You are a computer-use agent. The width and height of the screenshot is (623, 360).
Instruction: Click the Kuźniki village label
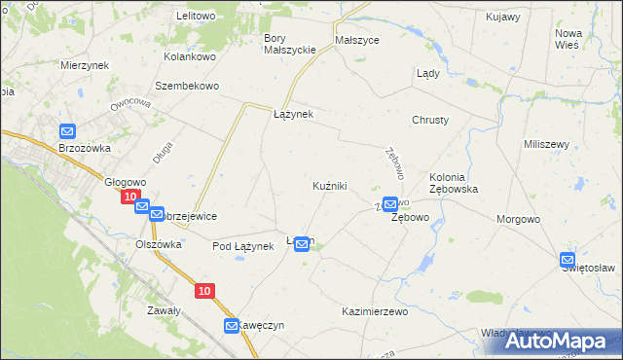point(329,185)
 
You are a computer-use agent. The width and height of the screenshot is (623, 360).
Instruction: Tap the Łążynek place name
point(292,114)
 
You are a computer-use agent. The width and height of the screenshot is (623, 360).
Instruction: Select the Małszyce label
point(356,41)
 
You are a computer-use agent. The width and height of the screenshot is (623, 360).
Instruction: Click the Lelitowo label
point(196,17)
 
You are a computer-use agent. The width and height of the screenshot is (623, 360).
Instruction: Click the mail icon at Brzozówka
point(67,131)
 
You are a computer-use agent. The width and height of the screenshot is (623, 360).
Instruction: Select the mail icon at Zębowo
point(390,204)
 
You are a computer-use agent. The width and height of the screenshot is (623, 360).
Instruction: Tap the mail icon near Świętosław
point(568,260)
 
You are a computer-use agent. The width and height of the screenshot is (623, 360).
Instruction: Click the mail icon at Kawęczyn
point(232,326)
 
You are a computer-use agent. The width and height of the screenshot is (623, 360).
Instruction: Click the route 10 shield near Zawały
point(203,291)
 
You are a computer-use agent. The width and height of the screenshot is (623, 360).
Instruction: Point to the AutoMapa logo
point(561,340)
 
